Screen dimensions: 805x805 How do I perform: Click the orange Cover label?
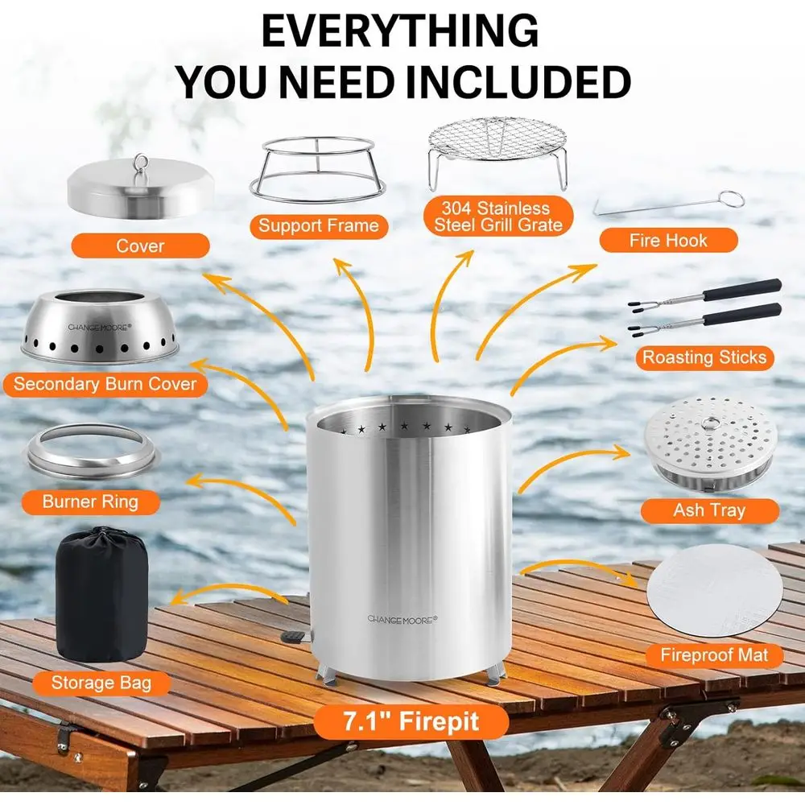[x=140, y=246]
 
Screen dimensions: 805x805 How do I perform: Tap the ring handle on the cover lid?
[x=141, y=160]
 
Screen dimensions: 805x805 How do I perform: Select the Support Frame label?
[x=318, y=226]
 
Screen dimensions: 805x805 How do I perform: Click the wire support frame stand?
[x=318, y=171]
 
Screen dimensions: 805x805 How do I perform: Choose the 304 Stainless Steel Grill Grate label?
[x=499, y=217]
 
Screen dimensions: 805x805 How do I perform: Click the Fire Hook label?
[x=667, y=241]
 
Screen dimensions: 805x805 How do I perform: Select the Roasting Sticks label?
[x=704, y=357]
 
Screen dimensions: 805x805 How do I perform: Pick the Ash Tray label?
[x=709, y=510]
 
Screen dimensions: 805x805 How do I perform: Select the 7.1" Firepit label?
[x=411, y=722]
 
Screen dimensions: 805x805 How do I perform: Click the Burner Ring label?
[x=90, y=502]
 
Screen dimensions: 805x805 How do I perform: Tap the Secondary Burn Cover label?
[x=105, y=384]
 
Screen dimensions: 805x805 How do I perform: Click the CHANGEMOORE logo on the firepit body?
[x=402, y=618]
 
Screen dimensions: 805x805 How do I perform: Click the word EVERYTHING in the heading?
[x=400, y=31]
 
